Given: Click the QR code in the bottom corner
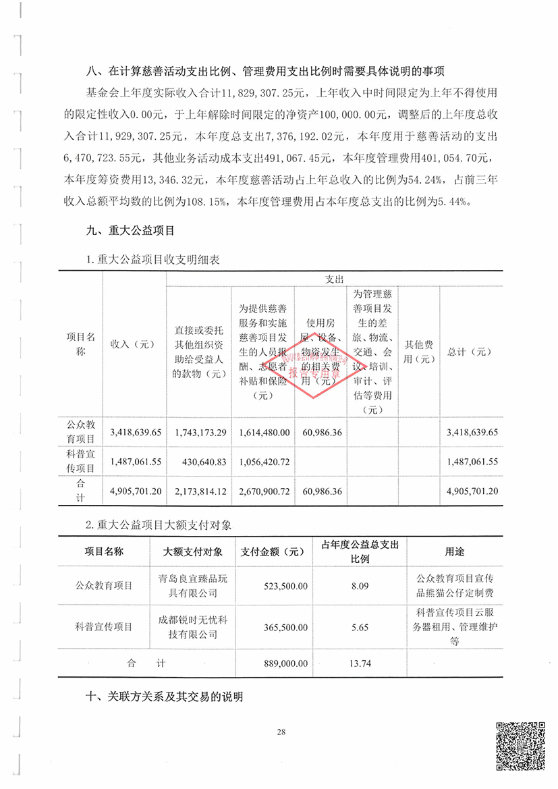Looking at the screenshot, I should (x=520, y=745).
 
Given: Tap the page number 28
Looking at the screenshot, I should (x=281, y=733).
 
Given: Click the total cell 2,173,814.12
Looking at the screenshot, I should (x=200, y=491).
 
